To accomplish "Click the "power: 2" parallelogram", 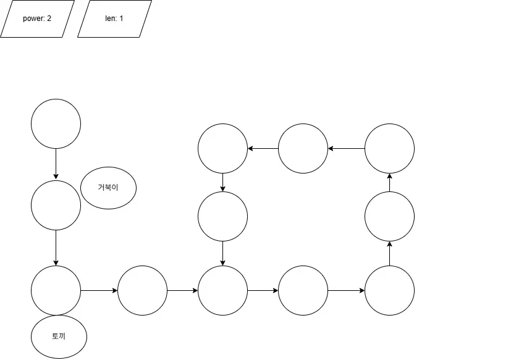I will click(37, 19).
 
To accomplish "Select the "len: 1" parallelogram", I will click(114, 19).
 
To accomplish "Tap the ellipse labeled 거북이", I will click(108, 187).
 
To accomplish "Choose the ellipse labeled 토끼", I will click(59, 337).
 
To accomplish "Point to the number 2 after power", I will click(49, 19).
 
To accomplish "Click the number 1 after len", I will click(121, 19).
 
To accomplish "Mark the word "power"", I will click(33, 19).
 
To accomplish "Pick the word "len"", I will click(111, 19).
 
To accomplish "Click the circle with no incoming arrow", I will click(56, 123).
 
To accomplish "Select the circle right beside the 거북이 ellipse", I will click(56, 206).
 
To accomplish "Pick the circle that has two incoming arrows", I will click(222, 290).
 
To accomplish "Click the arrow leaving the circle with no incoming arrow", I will click(56, 164).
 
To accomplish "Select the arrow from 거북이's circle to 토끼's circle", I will click(56, 248).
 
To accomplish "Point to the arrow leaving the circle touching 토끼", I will click(99, 290).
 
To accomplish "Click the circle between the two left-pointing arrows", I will click(303, 148).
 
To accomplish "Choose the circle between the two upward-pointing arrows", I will click(389, 216).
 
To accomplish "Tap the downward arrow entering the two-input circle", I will click(222, 253).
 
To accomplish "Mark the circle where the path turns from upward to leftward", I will click(389, 148).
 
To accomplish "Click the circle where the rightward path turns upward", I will click(389, 290).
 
